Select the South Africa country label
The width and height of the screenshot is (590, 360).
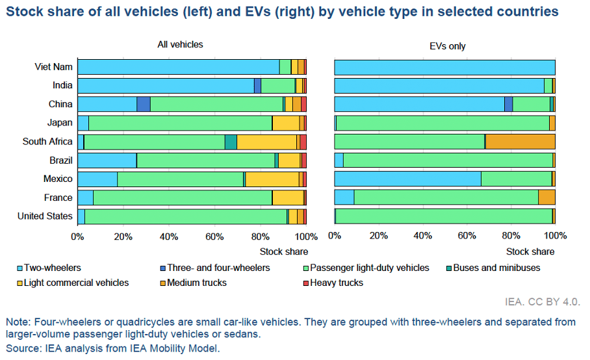point(47,142)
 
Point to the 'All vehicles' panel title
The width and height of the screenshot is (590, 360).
point(180,45)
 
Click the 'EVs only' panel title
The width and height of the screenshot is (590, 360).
point(448,46)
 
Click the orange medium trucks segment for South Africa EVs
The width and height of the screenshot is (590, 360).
point(520,142)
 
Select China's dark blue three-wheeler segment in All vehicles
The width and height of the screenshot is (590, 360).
point(144,104)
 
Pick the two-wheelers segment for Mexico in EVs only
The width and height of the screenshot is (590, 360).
point(407,179)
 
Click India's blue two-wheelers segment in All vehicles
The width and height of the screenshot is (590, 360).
point(165,85)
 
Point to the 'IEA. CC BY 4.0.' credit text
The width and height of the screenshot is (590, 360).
point(541,302)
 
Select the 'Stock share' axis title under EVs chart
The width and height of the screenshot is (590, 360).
point(530,251)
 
